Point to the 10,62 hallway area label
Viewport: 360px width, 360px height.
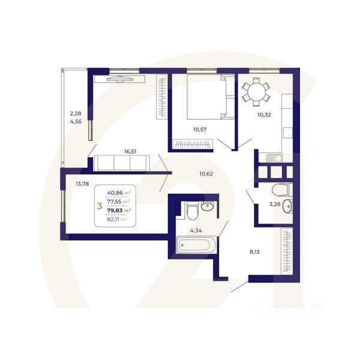click(206, 174)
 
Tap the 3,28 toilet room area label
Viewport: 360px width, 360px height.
click(275, 204)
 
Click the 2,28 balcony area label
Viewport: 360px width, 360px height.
click(75, 113)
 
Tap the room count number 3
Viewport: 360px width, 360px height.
click(98, 206)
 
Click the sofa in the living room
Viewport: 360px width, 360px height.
click(124, 163)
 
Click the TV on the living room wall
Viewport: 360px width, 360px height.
click(123, 77)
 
